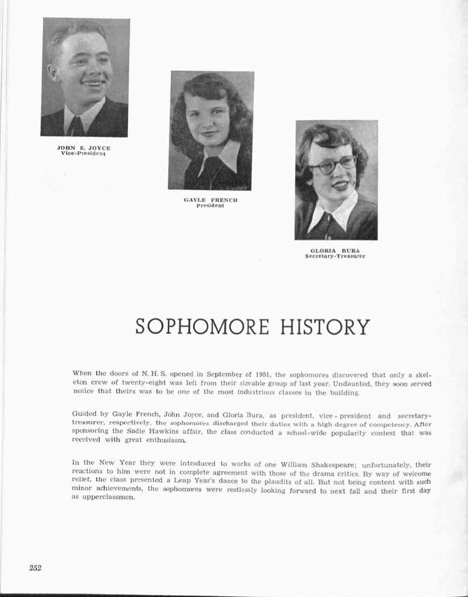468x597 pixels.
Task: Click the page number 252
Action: (x=35, y=568)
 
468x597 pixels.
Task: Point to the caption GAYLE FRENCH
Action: (x=211, y=200)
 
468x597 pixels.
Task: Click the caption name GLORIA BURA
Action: (x=335, y=250)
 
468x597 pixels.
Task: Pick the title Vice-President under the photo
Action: (x=83, y=153)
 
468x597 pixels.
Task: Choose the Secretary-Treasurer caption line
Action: (x=335, y=256)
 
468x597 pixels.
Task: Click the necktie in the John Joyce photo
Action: (x=76, y=126)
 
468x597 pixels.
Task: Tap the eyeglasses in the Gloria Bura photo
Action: (x=333, y=164)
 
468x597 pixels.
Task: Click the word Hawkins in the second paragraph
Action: (x=158, y=432)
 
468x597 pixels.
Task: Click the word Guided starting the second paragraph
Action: (x=83, y=414)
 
